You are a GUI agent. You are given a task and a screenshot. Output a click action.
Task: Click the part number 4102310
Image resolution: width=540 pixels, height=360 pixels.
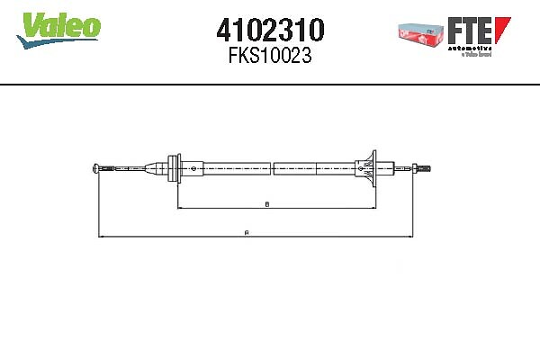(271, 30)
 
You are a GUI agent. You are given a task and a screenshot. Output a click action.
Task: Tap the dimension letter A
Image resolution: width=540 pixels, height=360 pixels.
(247, 232)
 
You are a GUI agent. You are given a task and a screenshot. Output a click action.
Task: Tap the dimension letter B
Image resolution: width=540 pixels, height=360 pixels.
(267, 204)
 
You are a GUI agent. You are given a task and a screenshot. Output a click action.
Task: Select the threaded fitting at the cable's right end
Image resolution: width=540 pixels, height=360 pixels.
(423, 166)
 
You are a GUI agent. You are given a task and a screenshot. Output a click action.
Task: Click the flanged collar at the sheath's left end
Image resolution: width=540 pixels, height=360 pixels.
(176, 166)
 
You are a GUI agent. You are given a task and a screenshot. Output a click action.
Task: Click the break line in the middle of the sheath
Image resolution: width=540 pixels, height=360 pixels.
(271, 166)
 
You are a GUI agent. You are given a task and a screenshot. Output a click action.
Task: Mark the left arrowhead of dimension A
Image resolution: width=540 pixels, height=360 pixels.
(99, 238)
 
